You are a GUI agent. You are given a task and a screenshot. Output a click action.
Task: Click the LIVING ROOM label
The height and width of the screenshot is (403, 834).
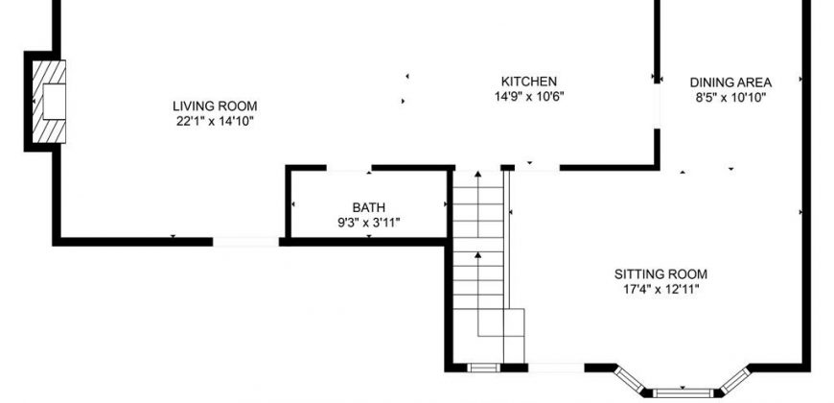pyautogui.click(x=215, y=106)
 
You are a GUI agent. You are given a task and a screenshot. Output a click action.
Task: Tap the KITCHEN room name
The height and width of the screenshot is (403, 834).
pyautogui.click(x=529, y=82)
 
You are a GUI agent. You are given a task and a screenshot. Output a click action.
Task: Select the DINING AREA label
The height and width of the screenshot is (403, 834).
pyautogui.click(x=730, y=83)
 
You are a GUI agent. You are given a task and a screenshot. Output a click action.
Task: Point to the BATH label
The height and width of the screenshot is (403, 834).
pyautogui.click(x=369, y=207)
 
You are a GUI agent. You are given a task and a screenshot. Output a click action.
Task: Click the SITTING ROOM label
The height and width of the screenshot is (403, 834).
pyautogui.click(x=660, y=274)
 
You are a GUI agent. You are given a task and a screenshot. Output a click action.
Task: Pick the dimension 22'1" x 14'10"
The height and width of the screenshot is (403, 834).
pyautogui.click(x=215, y=121)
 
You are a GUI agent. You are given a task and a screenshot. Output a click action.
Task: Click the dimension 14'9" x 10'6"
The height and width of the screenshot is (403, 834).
pyautogui.click(x=529, y=97)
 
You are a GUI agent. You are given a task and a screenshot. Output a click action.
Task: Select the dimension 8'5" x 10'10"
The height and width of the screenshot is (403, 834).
pyautogui.click(x=730, y=98)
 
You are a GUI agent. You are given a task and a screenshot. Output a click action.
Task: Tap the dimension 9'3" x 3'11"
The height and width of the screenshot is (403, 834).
pyautogui.click(x=369, y=223)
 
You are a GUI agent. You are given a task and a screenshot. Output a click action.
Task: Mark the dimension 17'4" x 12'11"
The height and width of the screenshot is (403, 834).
pyautogui.click(x=660, y=290)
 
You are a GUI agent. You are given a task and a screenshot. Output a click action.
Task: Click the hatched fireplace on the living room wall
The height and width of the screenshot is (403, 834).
pyautogui.click(x=49, y=101)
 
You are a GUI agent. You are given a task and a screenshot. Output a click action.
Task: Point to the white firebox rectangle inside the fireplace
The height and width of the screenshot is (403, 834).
pyautogui.click(x=55, y=101)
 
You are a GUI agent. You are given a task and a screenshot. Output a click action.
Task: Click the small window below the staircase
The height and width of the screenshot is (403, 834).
pyautogui.click(x=483, y=367)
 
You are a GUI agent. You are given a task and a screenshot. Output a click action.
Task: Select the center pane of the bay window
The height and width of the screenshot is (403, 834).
pyautogui.click(x=683, y=393)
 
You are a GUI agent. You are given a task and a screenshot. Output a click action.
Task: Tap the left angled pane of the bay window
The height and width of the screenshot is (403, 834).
pyautogui.click(x=630, y=380)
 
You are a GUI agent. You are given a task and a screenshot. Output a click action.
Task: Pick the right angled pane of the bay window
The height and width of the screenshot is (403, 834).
pyautogui.click(x=735, y=380)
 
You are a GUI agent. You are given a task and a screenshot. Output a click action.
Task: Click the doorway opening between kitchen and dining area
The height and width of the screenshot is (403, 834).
pyautogui.click(x=657, y=106)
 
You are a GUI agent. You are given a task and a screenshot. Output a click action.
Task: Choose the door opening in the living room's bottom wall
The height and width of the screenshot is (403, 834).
pyautogui.click(x=245, y=242)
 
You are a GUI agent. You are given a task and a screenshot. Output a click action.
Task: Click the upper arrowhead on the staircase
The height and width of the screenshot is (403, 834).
pyautogui.click(x=477, y=174)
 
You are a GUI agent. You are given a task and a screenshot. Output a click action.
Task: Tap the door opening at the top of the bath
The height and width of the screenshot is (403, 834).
pyautogui.click(x=349, y=168)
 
